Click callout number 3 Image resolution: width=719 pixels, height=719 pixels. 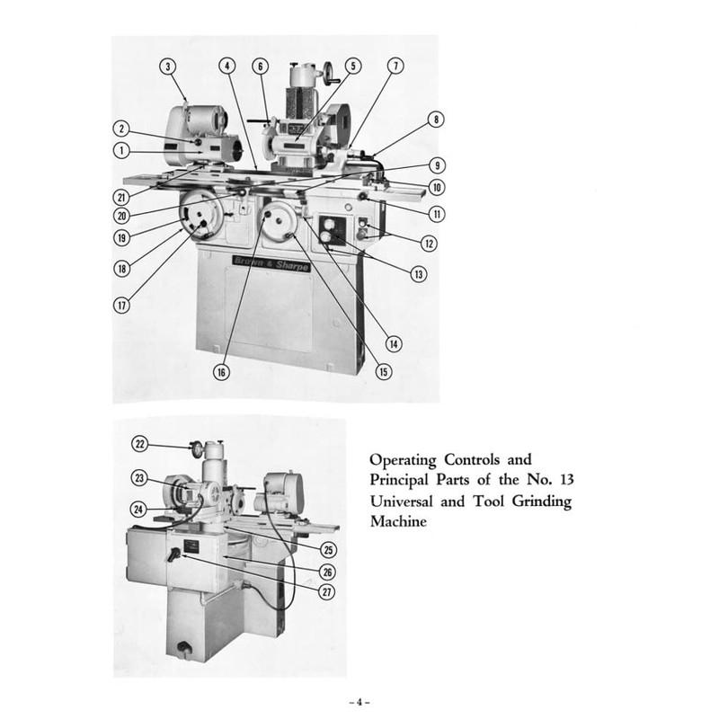(x=169, y=66)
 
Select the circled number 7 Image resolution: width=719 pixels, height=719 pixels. (x=396, y=66)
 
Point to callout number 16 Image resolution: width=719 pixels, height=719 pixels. (x=221, y=371)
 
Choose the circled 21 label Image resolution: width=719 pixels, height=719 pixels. (x=120, y=197)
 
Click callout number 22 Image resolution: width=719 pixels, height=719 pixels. (x=140, y=443)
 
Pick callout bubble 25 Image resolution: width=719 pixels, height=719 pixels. (x=330, y=547)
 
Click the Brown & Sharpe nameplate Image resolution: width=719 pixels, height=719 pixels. (x=271, y=261)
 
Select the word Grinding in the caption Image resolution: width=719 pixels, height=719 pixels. (x=541, y=502)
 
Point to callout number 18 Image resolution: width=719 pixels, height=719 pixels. (x=122, y=267)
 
